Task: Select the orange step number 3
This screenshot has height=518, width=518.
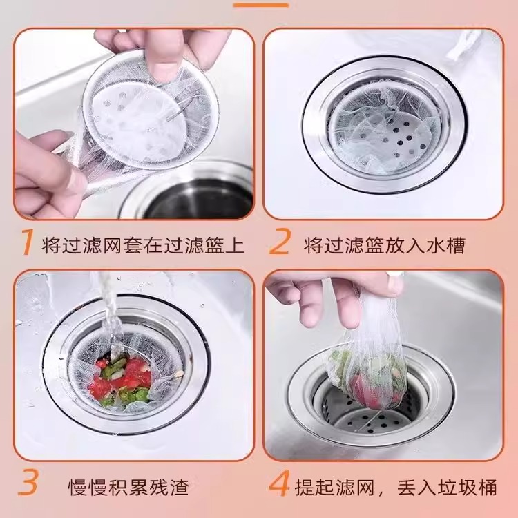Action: (x=28, y=482)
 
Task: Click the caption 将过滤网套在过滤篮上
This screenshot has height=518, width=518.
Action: (x=143, y=245)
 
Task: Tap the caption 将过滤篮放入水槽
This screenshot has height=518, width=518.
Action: (x=384, y=245)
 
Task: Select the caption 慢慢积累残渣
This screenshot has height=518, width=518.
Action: (x=128, y=487)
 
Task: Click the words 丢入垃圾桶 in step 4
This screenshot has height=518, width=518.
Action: (x=447, y=487)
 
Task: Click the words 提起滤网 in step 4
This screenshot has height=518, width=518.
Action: (x=334, y=487)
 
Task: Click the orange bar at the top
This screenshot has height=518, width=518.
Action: (x=260, y=5)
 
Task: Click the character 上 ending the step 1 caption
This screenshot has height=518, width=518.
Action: (x=235, y=245)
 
